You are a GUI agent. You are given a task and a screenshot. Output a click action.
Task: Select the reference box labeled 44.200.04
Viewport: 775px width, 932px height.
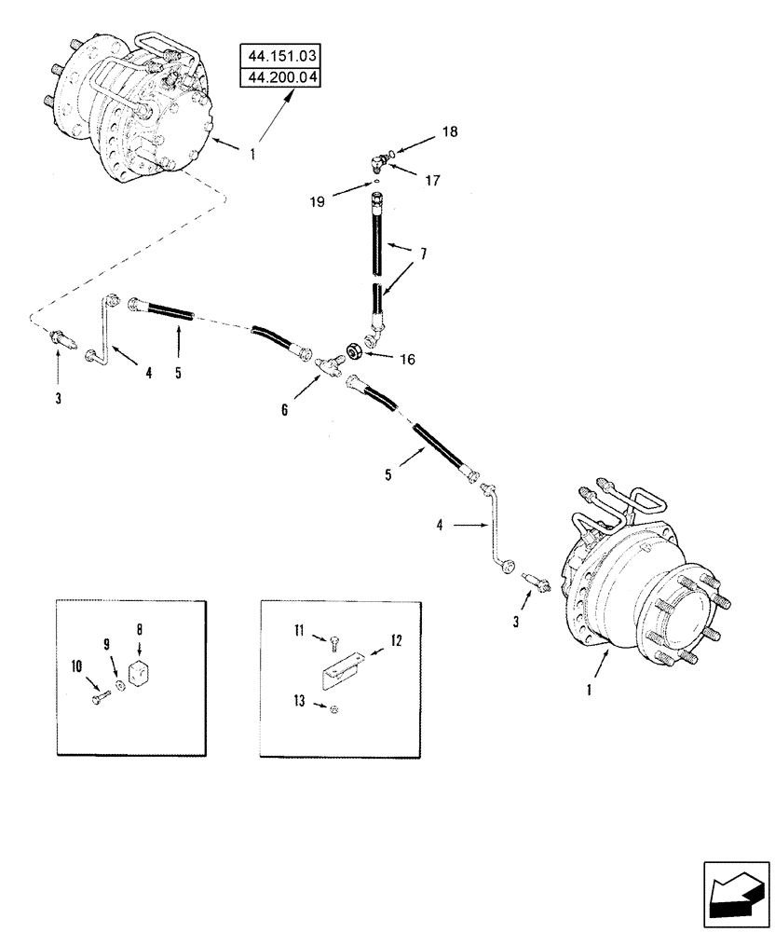click(x=279, y=76)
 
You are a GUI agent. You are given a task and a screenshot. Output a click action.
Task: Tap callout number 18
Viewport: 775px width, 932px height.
click(x=450, y=132)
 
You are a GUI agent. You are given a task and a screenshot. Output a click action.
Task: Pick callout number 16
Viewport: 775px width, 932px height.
click(x=407, y=358)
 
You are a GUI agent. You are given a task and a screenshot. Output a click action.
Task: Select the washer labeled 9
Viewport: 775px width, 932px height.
click(x=120, y=688)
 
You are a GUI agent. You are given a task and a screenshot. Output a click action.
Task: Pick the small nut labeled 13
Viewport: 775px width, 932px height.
click(x=333, y=710)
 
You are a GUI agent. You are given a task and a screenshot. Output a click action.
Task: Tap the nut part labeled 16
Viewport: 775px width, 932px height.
click(x=355, y=350)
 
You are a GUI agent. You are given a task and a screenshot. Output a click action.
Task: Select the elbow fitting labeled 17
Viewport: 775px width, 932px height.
click(x=375, y=163)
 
